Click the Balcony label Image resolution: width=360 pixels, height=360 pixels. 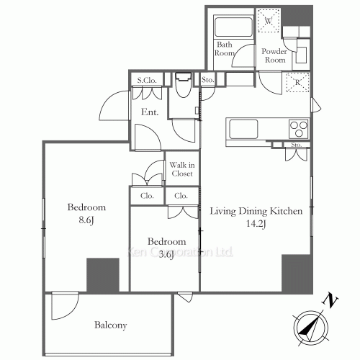111,325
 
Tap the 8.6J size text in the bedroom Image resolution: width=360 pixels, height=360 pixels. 86,220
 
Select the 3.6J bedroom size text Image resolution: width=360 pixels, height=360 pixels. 166,255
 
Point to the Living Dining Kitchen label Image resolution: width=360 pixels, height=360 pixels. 256,211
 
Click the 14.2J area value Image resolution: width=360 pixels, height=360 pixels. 256,224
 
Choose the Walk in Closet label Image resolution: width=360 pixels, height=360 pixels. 182,169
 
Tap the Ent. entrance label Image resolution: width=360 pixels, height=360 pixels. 150,112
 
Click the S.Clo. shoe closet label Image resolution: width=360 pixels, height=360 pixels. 147,80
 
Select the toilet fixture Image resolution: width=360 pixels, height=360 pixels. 184,85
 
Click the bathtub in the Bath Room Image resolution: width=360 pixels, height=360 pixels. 233,27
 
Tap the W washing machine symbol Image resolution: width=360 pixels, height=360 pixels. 269,21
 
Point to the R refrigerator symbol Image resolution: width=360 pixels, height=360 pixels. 297,82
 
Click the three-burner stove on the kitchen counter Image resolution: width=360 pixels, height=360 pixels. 299,129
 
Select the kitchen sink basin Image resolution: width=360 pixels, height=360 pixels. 243,129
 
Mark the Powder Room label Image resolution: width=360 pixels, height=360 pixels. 274,55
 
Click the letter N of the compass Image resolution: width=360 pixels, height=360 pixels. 330,302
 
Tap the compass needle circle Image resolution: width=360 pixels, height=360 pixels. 311,328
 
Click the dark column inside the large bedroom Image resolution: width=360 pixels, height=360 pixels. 103,275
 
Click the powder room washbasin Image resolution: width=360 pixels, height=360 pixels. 301,55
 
